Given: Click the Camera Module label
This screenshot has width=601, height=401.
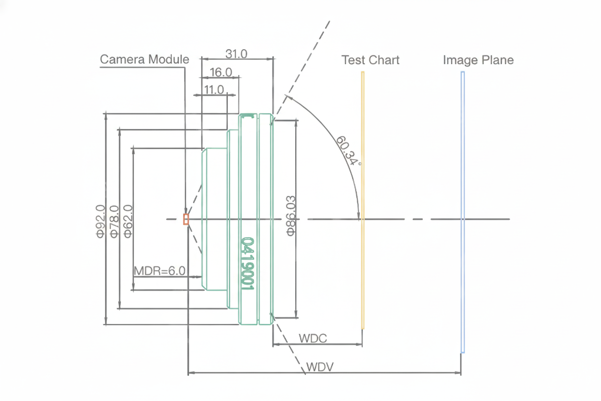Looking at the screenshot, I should (144, 59).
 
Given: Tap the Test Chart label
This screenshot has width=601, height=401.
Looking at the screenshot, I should (370, 60).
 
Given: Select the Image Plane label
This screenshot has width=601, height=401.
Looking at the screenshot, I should (478, 60).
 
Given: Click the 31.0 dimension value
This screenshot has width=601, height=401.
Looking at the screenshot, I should (236, 53).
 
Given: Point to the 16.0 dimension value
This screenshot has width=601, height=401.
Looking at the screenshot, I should (221, 72).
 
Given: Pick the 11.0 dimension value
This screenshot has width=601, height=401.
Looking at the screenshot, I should (214, 90).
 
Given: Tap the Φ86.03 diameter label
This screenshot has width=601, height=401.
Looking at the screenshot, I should (291, 215).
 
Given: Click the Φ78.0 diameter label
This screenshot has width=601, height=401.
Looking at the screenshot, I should (114, 221).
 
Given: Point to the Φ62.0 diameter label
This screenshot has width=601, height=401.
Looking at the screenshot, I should (128, 221).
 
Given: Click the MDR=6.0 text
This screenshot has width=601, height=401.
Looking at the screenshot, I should (159, 270).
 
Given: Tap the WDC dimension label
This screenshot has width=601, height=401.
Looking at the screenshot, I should (313, 338).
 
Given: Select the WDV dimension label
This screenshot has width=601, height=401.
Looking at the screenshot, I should (320, 367).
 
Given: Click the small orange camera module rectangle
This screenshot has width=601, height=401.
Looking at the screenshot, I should (186, 219).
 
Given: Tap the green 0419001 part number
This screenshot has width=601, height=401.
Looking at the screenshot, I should (248, 264).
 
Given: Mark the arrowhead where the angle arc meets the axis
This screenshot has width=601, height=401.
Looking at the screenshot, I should (358, 216).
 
